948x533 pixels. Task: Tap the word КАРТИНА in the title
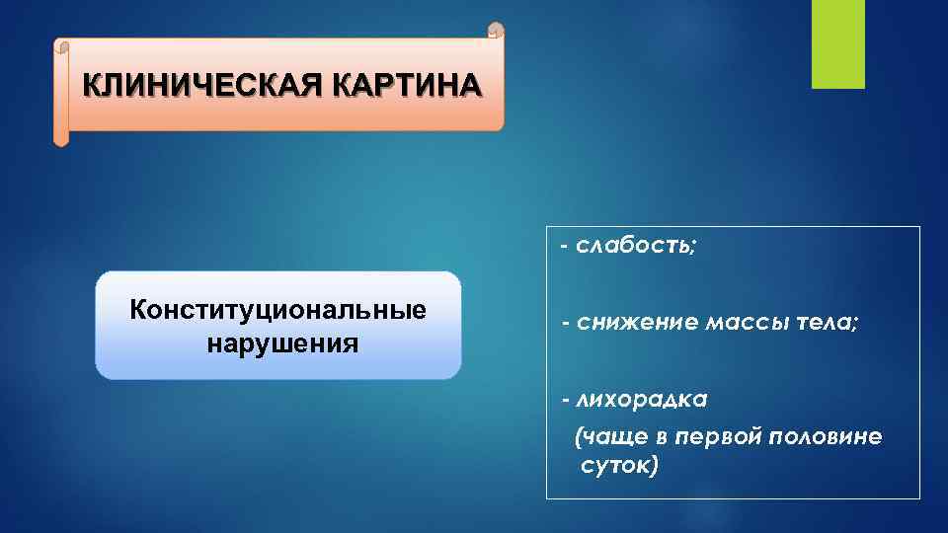point(409,85)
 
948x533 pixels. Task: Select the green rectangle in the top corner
point(837,43)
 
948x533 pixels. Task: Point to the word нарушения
point(278,344)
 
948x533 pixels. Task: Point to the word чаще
point(614,437)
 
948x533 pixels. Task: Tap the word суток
point(612,464)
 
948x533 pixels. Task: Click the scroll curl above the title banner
point(497,32)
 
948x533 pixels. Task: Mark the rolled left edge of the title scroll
point(61,93)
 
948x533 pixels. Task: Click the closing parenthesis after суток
point(653,465)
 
